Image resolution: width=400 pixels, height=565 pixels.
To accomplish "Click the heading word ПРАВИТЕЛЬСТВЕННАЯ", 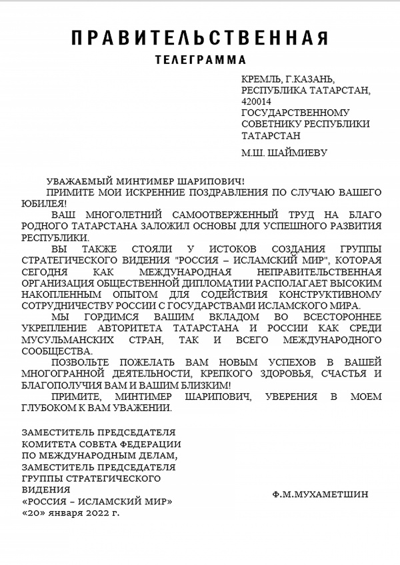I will pos(199,38).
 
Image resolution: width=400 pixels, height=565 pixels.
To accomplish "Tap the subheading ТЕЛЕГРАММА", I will pos(200,59).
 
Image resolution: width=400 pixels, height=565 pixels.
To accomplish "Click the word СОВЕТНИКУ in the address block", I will pos(269,124).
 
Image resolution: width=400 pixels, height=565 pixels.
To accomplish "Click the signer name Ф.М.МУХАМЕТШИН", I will pos(320,495).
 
